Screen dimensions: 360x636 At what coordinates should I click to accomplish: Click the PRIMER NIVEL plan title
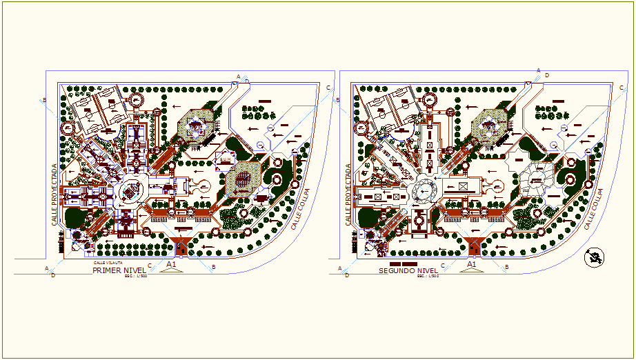tap(118, 271)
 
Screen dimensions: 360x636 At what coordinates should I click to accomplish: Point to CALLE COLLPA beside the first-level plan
tap(298, 209)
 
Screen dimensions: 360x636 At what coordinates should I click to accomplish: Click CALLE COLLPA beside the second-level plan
tap(593, 209)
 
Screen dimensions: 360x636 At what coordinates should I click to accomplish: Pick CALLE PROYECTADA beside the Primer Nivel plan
tap(54, 195)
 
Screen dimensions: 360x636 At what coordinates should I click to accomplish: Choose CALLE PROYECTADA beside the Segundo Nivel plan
tap(349, 195)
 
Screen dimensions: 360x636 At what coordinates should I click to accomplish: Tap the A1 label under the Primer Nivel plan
tap(172, 264)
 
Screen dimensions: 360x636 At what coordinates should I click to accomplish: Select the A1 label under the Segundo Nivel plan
tap(473, 264)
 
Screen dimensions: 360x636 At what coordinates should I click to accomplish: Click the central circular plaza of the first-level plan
tap(132, 191)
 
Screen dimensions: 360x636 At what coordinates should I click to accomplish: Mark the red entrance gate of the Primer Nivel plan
tap(181, 246)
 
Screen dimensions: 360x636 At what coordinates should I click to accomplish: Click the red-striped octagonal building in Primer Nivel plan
tap(242, 181)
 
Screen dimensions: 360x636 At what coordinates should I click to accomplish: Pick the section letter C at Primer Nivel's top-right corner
tap(328, 87)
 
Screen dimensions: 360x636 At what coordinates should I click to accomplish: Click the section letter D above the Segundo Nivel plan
tap(546, 74)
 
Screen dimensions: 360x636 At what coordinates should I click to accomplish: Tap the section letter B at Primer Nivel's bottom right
tap(213, 266)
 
